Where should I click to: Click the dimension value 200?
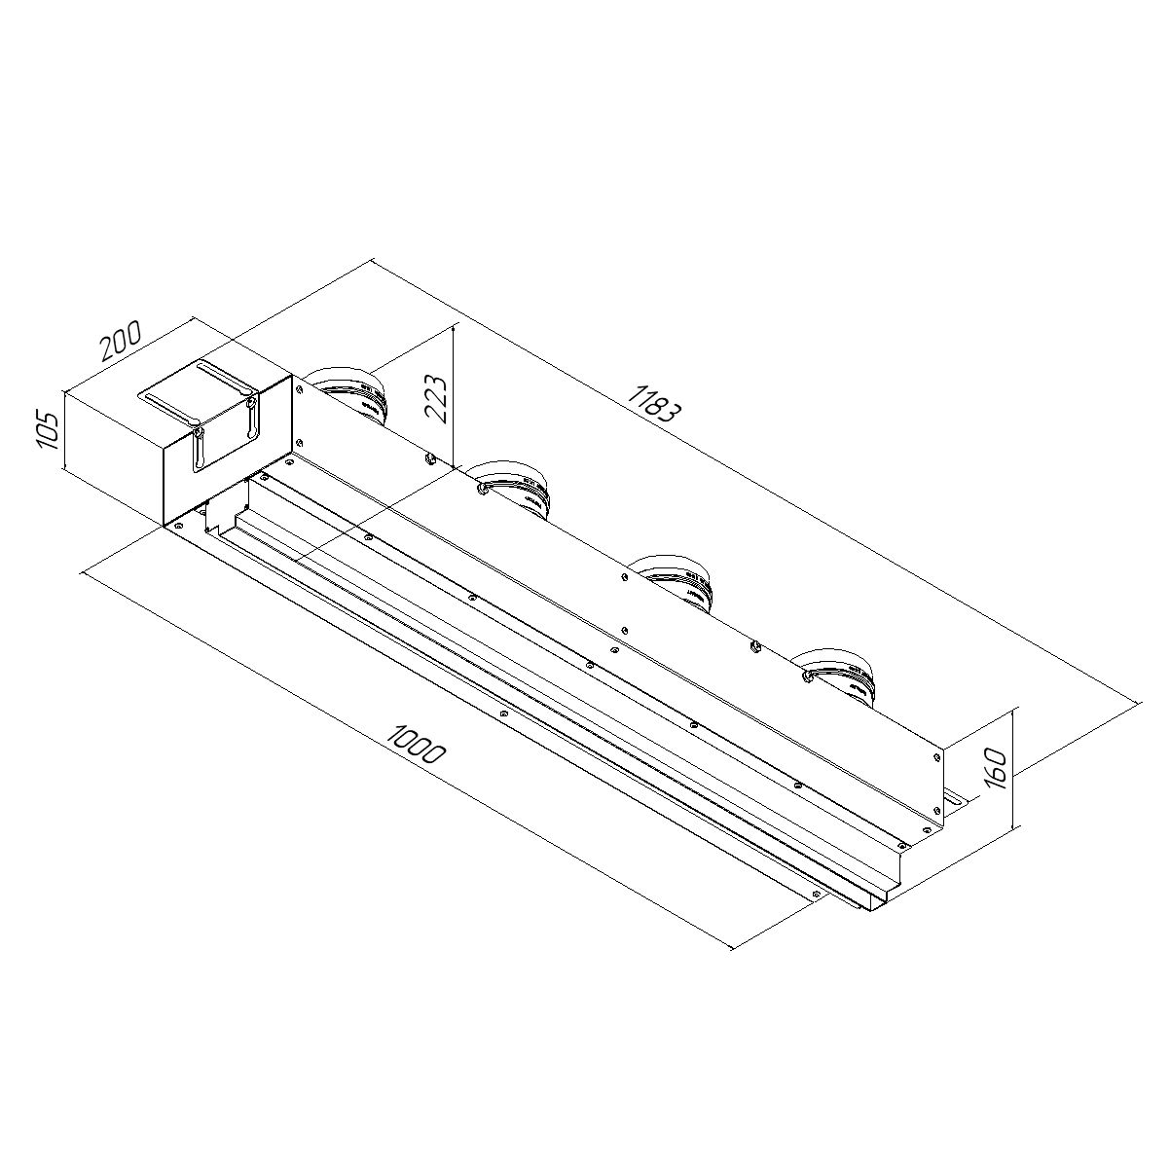121,340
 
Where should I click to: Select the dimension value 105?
47,430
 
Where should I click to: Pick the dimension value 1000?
416,746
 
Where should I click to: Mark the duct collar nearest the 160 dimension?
840,672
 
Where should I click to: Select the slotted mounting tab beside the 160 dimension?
951,797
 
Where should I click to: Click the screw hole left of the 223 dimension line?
430,457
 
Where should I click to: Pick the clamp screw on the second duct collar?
482,487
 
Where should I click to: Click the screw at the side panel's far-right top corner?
936,752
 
